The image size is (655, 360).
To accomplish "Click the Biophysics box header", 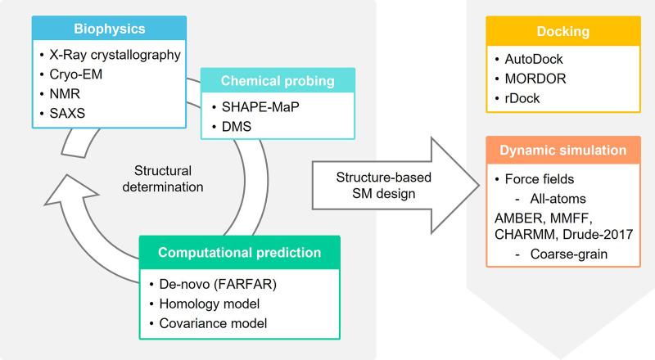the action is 109,29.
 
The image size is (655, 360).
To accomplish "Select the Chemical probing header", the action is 278,81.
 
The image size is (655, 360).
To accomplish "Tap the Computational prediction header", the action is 239,253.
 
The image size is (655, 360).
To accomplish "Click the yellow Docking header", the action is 563,31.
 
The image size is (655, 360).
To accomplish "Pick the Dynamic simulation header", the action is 563,151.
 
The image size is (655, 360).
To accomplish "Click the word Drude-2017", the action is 598,234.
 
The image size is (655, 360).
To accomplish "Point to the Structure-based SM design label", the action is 383,186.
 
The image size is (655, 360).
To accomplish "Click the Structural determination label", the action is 163,178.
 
